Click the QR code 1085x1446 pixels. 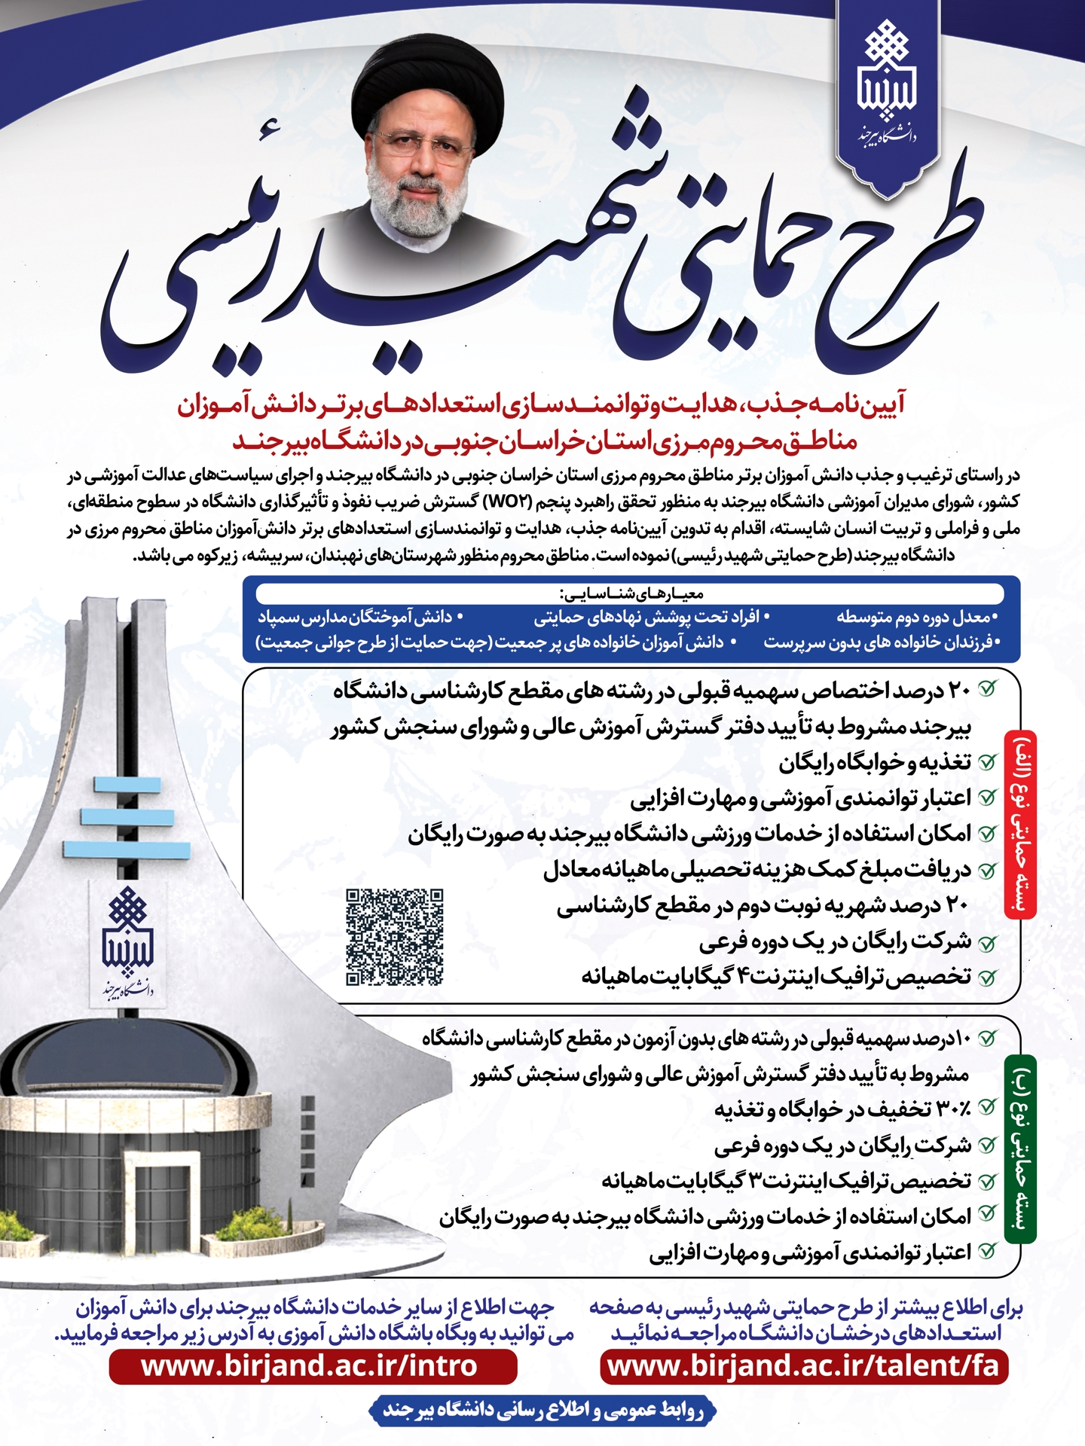point(394,937)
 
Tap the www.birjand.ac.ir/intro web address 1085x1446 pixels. point(310,1365)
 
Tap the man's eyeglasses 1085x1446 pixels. point(423,145)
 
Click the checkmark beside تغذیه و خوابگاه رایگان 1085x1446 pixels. point(986,762)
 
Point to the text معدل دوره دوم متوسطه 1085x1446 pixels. point(916,618)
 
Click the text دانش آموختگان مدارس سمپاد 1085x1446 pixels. point(355,618)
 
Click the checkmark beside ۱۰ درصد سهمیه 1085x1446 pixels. point(986,1039)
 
